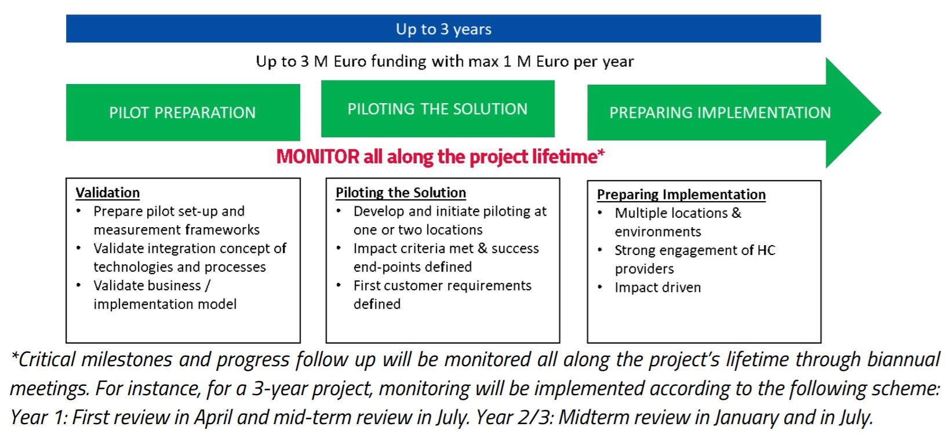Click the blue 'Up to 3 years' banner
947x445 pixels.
click(x=443, y=28)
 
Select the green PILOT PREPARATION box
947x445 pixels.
click(x=183, y=112)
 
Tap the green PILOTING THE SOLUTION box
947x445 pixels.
click(x=438, y=108)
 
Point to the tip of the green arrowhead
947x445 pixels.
click(x=881, y=112)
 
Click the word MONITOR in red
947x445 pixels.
click(x=318, y=157)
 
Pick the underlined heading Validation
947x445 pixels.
click(x=107, y=193)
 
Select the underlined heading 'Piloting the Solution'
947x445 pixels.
click(x=401, y=193)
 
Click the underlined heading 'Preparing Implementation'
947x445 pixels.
click(x=681, y=194)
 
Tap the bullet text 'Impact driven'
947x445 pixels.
click(x=657, y=287)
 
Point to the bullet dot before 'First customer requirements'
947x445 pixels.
click(x=338, y=285)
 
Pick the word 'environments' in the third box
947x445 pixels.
click(x=658, y=232)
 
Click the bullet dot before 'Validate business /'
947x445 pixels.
click(x=79, y=285)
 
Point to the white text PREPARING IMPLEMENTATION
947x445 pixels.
click(x=720, y=113)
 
